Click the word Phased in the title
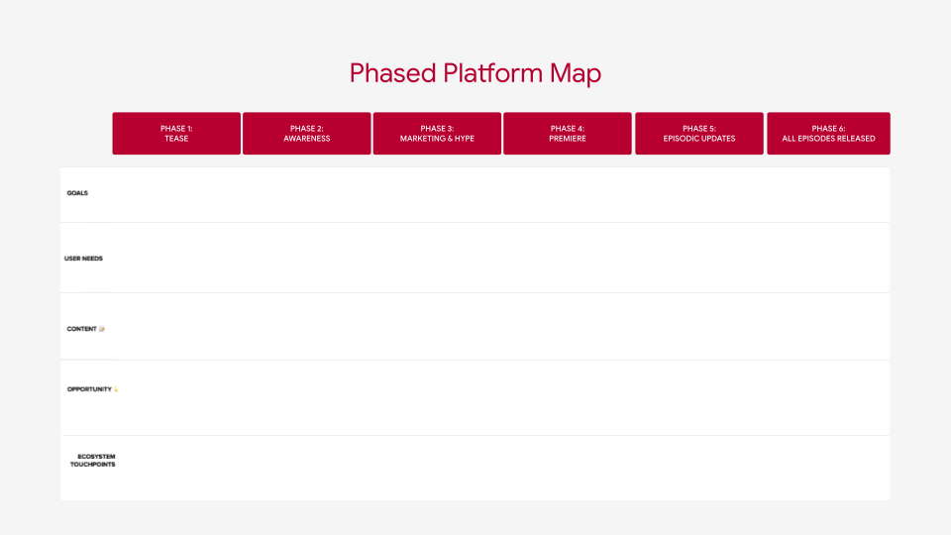[x=380, y=73]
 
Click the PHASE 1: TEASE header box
[x=176, y=134]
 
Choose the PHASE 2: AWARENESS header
[x=307, y=134]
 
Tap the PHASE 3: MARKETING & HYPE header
[x=437, y=134]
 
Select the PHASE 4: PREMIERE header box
[x=568, y=134]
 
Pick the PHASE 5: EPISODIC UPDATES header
[x=699, y=134]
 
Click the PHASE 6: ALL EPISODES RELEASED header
[x=828, y=134]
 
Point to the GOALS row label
[x=77, y=193]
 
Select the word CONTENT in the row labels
[x=81, y=329]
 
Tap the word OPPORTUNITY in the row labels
[x=89, y=389]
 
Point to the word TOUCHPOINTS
[x=92, y=465]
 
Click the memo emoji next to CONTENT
[x=102, y=329]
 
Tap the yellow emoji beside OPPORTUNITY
[x=116, y=389]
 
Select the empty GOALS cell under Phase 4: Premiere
[x=568, y=194]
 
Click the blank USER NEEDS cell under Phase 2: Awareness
[x=307, y=258]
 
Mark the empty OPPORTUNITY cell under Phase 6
[x=828, y=397]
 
